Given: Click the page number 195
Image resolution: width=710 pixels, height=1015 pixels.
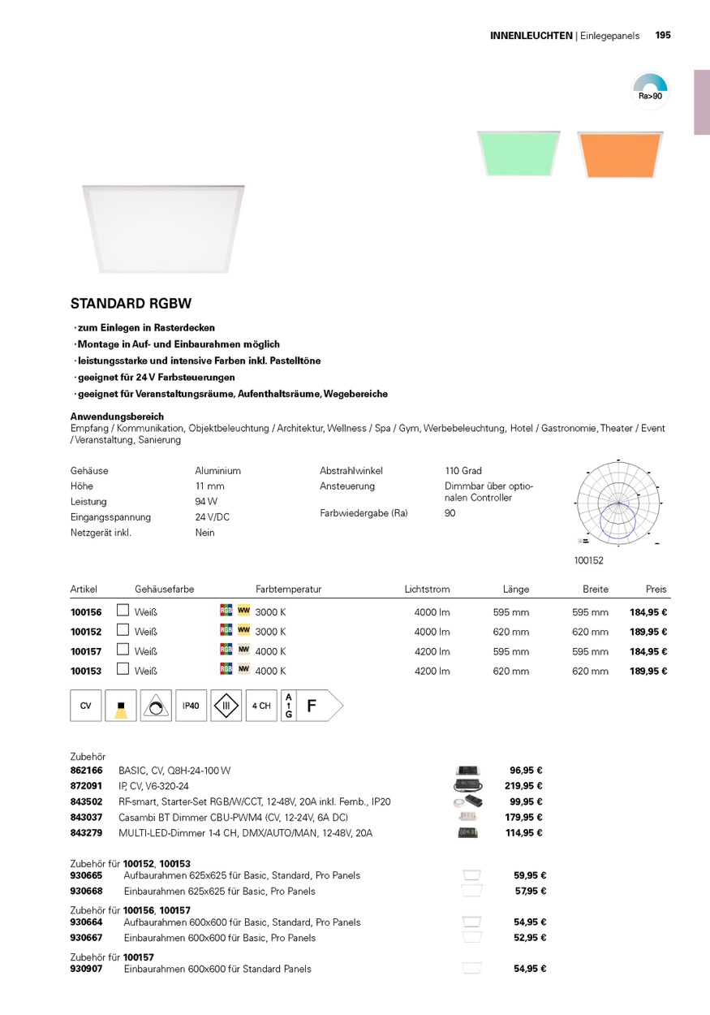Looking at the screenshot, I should (663, 36).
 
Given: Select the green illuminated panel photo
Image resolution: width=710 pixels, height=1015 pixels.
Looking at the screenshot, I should (519, 153).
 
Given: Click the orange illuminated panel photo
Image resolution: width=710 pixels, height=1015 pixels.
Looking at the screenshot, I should (620, 154).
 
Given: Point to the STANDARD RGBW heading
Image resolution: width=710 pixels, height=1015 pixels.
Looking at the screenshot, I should (131, 304).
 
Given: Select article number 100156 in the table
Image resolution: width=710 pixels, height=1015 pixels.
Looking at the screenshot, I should (86, 612).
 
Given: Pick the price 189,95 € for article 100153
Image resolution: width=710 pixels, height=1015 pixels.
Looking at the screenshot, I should (648, 672).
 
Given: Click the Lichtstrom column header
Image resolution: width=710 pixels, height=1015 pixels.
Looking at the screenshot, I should (427, 590).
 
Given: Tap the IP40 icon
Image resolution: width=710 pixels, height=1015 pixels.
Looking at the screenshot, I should (191, 706).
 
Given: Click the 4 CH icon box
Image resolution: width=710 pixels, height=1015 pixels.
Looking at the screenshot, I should (261, 706).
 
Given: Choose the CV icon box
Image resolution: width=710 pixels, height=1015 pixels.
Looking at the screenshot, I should (86, 706).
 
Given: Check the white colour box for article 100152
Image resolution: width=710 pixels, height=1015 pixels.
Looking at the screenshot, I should (123, 631).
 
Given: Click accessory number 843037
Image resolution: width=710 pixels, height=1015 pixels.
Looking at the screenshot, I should (87, 818).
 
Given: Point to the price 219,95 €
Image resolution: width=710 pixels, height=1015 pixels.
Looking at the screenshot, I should (523, 786).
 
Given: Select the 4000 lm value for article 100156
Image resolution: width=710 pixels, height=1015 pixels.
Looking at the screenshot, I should (432, 612).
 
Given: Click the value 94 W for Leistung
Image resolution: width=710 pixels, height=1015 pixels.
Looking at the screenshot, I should (206, 502).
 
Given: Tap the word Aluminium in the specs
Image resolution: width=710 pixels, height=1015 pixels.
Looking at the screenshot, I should (217, 471).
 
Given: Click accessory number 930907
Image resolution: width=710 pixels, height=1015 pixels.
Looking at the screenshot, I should (87, 969).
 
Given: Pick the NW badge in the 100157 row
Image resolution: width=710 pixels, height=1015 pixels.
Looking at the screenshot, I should (243, 650).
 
